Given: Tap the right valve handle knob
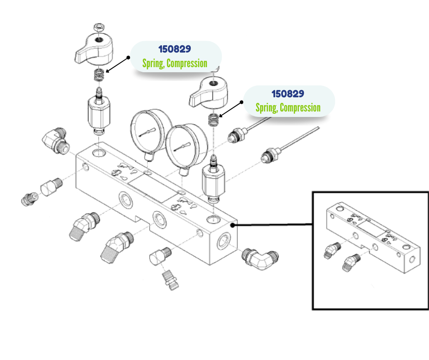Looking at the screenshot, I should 208,90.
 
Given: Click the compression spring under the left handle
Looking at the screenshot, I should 98,75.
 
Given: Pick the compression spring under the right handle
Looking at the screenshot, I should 212,120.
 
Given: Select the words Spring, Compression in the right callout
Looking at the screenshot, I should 288,108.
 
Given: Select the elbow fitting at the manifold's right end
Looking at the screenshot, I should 259,258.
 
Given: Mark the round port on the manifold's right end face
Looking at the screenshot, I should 224,240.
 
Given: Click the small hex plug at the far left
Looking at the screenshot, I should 28,199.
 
